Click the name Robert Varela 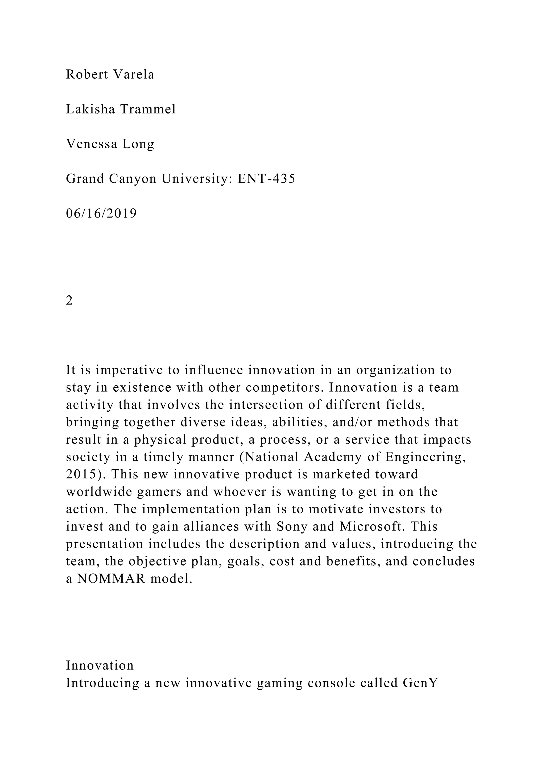point(110,74)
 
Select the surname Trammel point(148,109)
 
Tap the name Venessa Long point(110,144)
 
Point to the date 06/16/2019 point(101,214)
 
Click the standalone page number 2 point(69,301)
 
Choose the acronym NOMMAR point(112,579)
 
